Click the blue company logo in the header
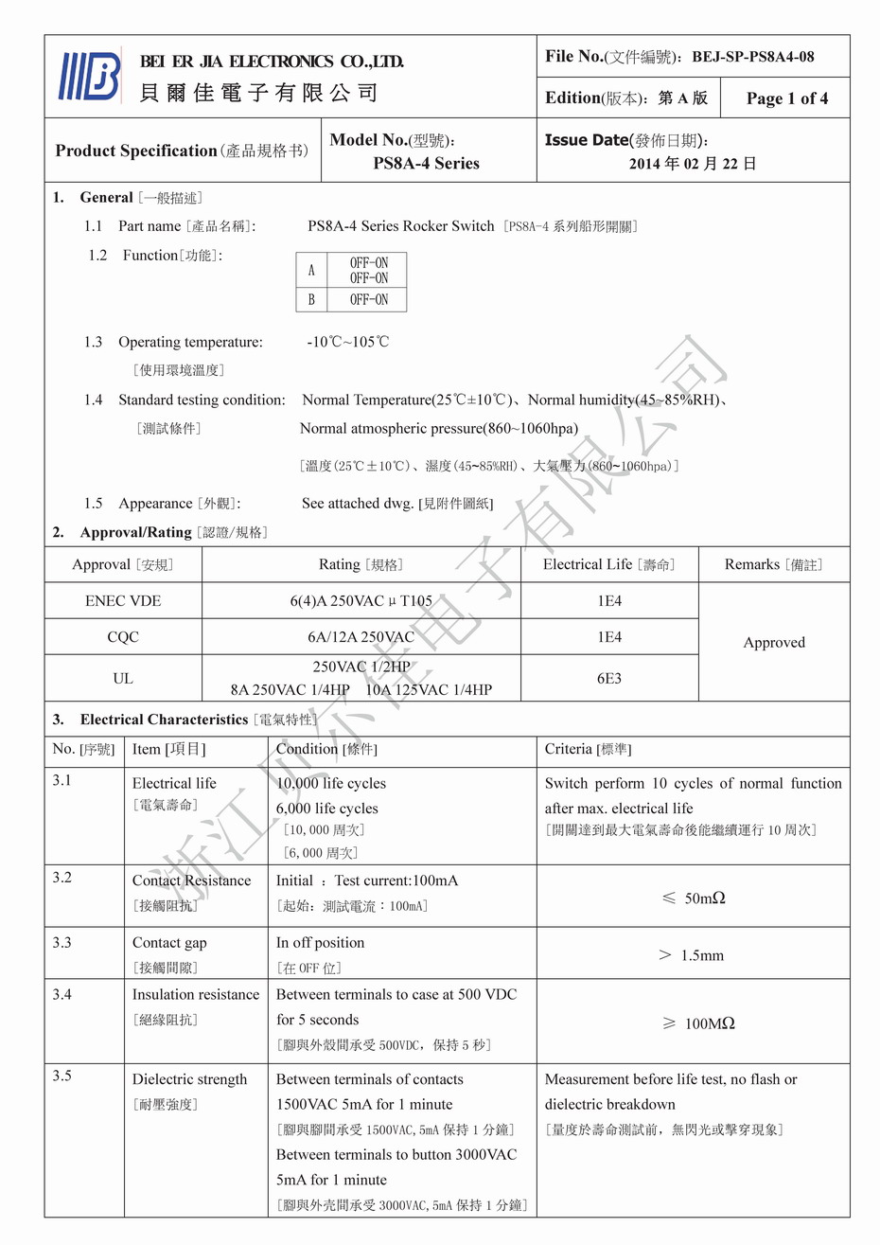click(x=91, y=76)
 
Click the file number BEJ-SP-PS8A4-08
click(x=752, y=57)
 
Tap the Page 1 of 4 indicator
click(x=786, y=98)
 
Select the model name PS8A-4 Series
click(x=426, y=164)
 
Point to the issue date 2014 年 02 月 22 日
click(x=693, y=164)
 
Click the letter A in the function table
click(x=311, y=270)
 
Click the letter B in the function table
click(x=311, y=300)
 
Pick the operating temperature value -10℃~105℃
click(x=347, y=342)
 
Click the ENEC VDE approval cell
click(x=123, y=601)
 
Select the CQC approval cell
click(x=123, y=637)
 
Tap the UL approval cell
click(x=123, y=678)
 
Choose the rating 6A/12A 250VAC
click(x=361, y=637)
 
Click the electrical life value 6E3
click(x=609, y=678)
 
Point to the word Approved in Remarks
click(x=774, y=642)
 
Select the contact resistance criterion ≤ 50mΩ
click(x=694, y=898)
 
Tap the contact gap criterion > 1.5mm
click(x=692, y=955)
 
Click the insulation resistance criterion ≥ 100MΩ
click(x=697, y=1023)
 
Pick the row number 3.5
click(x=62, y=1076)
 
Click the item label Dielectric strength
click(x=189, y=1079)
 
